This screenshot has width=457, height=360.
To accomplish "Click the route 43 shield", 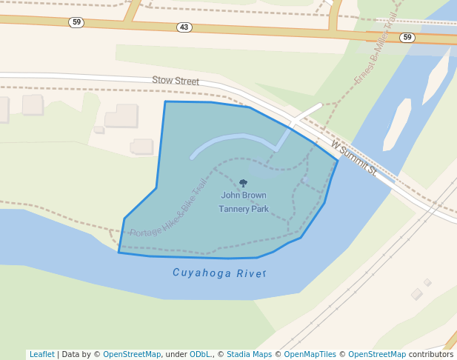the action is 184,27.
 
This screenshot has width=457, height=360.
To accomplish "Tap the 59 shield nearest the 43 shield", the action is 76,22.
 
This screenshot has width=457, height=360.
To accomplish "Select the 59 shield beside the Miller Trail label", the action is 407,37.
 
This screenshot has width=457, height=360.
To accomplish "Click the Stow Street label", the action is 176,80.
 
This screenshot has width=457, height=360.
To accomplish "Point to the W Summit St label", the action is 354,157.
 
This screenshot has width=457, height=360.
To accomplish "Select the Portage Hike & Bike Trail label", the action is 168,210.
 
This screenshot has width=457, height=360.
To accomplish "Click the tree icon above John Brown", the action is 243,183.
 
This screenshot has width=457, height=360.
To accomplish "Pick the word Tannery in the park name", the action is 234,209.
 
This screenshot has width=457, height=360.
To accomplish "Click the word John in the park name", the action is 230,196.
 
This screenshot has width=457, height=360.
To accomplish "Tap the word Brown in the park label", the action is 254,196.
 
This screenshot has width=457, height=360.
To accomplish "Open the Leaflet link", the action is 42,354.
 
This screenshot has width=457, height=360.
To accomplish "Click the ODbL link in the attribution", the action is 199,354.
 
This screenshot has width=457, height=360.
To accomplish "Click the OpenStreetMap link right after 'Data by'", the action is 132,354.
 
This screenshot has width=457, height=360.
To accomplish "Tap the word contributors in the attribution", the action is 431,354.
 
